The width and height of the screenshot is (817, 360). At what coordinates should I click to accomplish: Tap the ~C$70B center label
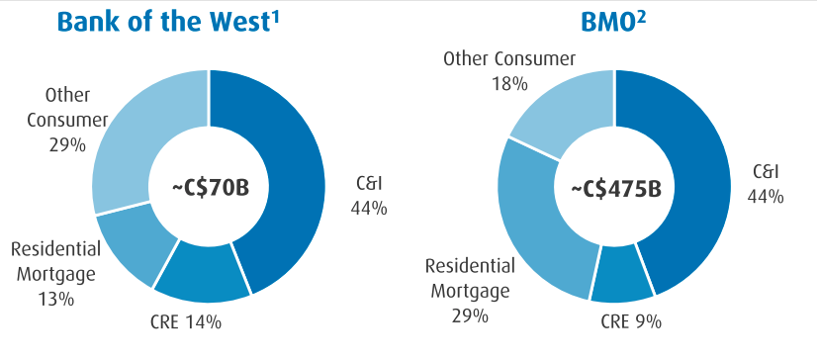tap(209, 185)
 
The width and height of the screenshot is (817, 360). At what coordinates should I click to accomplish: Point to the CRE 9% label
tap(631, 321)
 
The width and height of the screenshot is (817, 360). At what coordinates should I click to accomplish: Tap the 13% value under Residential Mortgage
tap(52, 298)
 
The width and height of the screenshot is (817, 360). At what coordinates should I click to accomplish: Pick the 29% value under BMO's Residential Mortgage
tap(470, 315)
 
